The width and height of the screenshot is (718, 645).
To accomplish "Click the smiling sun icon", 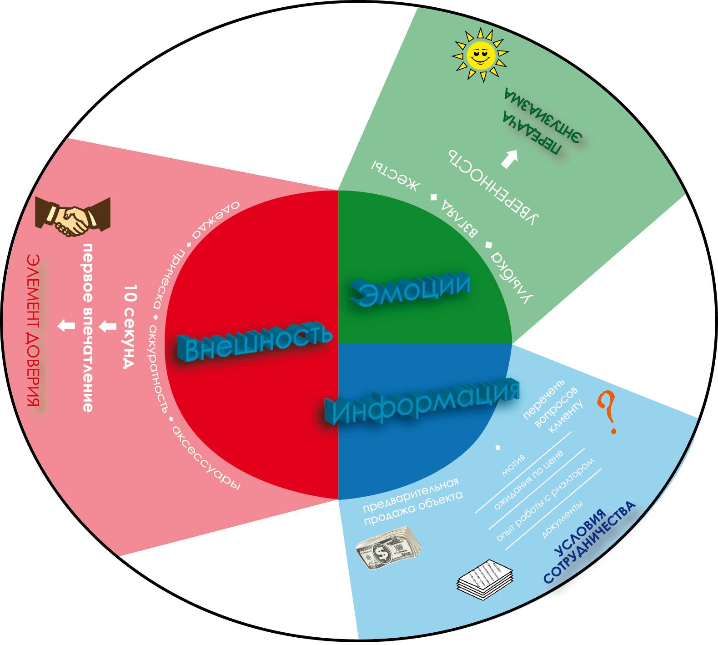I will pos(480,55).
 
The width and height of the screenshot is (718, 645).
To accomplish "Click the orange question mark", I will pos(608,412).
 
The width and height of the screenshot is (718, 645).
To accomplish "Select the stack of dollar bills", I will pos(388,548).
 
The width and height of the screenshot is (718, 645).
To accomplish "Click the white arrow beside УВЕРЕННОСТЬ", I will pos(510,159).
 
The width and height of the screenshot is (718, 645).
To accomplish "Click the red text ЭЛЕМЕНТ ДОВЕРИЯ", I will pos(33,330).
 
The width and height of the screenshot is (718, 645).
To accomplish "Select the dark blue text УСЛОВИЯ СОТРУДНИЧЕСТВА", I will pos(589,541).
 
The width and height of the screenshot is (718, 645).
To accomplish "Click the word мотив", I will pos(513,465).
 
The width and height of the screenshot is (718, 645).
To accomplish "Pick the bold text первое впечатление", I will pos(88,328).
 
